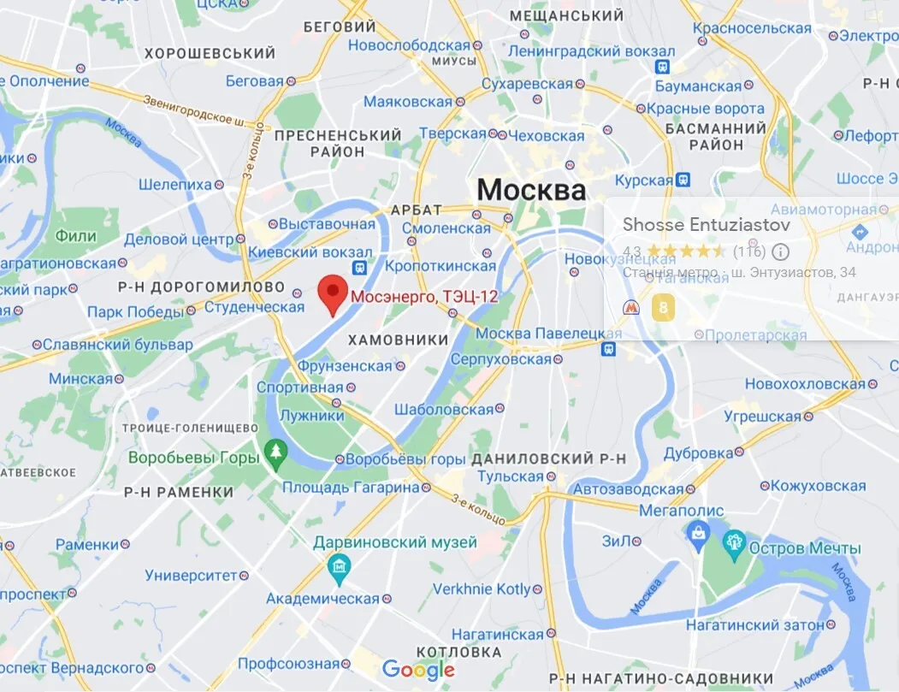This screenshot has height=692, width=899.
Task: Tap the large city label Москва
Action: point(531,190)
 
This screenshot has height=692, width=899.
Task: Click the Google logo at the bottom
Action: point(418,670)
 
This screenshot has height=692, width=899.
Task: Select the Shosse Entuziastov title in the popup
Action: point(706,225)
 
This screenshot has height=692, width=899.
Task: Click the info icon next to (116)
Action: point(780,251)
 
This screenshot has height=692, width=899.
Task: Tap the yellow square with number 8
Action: point(662,309)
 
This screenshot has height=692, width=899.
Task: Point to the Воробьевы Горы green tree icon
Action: point(275,450)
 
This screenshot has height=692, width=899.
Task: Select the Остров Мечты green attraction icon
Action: point(734,542)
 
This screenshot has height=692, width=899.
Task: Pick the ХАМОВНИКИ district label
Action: point(398,340)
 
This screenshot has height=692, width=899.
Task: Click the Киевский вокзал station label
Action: point(318,252)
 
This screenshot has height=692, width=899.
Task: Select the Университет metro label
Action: point(191,576)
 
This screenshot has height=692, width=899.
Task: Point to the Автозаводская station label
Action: point(629,490)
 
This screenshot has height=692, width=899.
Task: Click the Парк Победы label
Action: point(135,312)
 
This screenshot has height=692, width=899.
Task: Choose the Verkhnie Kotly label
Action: point(482,589)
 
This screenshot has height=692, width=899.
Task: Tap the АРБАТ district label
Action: point(416,210)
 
